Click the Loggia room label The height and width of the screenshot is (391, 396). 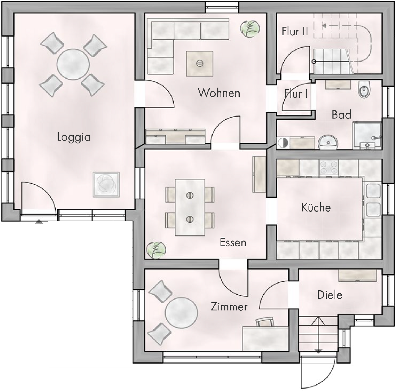point(74,137)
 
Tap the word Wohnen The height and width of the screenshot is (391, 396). point(219,93)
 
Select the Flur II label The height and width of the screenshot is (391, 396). point(295,32)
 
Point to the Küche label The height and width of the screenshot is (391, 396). point(316,207)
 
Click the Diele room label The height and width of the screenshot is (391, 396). point(329,295)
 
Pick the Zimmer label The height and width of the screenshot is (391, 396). point(229,307)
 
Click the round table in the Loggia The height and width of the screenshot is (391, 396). point(73,65)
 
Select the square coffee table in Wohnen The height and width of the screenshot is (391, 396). point(199,63)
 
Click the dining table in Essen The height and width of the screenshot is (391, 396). point(190,207)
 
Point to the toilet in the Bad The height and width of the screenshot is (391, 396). point(365,90)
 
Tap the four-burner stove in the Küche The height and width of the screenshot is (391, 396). point(329,167)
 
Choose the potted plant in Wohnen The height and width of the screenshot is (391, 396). point(250,29)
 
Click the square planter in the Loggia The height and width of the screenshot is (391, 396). point(106,185)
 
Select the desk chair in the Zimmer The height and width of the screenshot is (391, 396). point(265,322)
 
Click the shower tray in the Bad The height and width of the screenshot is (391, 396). point(367,135)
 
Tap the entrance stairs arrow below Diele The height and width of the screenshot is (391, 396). point(318,334)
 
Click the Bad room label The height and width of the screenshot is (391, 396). point(341,115)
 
